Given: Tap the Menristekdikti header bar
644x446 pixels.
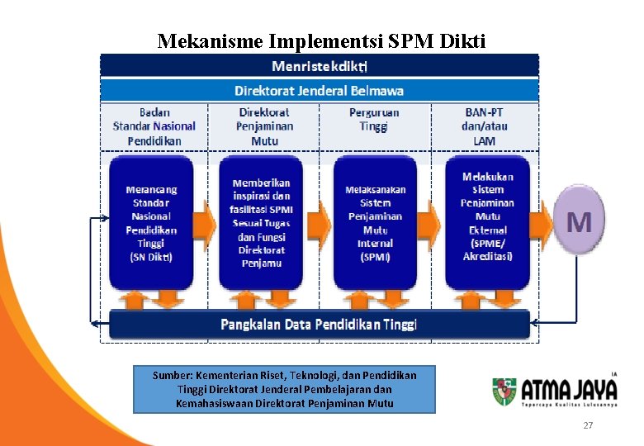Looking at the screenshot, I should pos(320,65).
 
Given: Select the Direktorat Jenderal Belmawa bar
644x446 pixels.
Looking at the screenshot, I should pos(320,91).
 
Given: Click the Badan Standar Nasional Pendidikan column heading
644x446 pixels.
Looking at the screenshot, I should pos(154,126).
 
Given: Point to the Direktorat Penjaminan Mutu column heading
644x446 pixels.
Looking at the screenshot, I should pos(264,126).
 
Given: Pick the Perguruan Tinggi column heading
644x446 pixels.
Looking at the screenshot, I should pos(374,119).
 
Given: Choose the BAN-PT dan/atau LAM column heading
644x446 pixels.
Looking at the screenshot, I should pos(485,126).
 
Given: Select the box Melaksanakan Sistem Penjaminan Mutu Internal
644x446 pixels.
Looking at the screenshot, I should pos(375,223).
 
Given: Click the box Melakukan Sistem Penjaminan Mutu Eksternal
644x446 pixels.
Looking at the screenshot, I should pos(487,216).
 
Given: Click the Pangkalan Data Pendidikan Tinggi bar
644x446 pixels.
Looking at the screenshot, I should pos(319,324).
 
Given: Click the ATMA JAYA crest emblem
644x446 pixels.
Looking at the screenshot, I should pos(504,391).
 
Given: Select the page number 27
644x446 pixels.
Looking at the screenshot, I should pos(588,425).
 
